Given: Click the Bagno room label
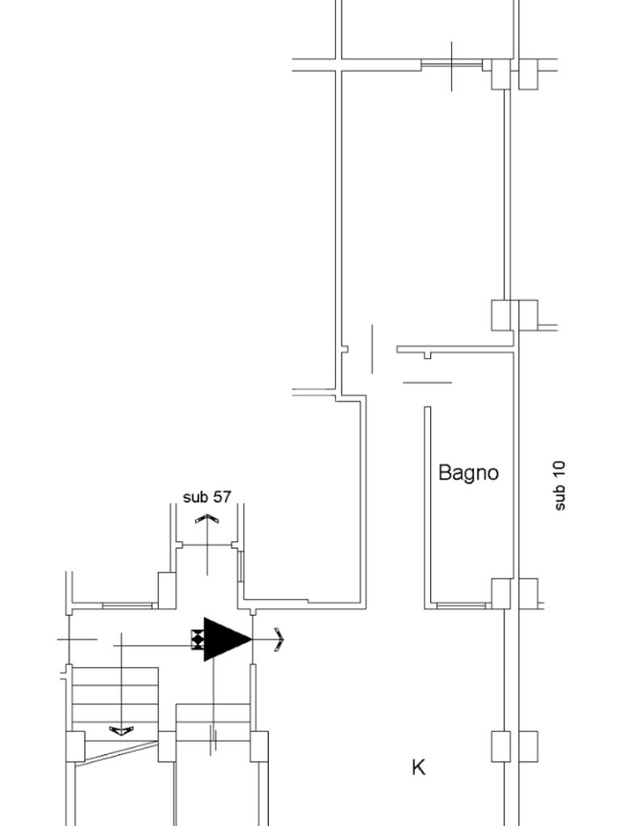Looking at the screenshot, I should (468, 473).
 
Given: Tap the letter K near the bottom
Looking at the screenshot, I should (418, 767).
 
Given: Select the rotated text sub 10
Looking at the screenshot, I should (560, 485).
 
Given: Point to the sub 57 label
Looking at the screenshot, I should (207, 497).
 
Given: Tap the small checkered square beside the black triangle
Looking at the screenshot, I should (197, 639).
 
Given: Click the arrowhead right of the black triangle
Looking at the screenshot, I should (279, 640).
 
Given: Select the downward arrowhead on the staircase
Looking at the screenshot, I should (121, 731).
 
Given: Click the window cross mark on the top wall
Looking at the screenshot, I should (451, 65).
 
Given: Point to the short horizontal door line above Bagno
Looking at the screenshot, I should (427, 382).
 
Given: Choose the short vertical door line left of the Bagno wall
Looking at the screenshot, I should (372, 348).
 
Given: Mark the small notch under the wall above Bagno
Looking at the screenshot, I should (428, 356).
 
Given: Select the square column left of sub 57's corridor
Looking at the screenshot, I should (167, 590).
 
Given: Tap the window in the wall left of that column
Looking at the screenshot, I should (127, 605).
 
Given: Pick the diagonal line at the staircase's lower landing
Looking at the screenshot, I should (121, 751).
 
